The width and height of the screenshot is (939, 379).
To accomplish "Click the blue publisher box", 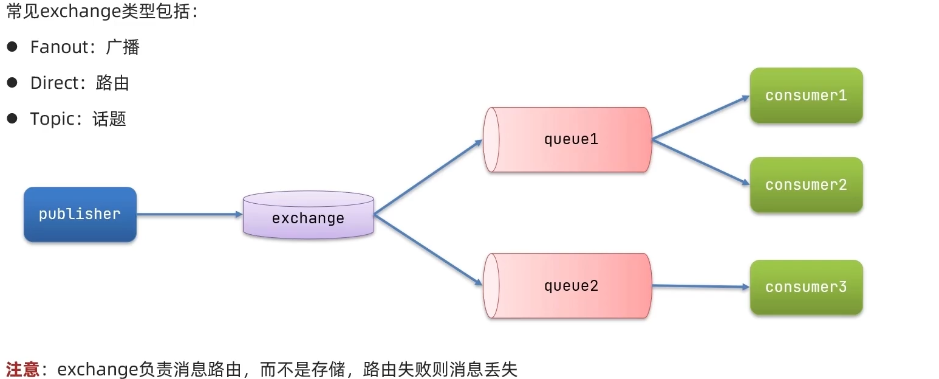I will pyautogui.click(x=80, y=214).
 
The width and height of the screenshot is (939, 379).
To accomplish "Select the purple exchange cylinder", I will pyautogui.click(x=308, y=215).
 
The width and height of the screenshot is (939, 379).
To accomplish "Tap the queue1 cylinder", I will pyautogui.click(x=568, y=139).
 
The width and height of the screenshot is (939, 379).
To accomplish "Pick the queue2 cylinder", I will pyautogui.click(x=568, y=285).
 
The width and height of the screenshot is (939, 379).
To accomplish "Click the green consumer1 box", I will pyautogui.click(x=806, y=96).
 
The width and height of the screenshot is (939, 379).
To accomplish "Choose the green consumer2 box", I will pyautogui.click(x=806, y=185).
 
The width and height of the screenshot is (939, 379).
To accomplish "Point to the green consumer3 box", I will pyautogui.click(x=806, y=287).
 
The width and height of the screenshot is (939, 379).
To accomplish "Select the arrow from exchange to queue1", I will pyautogui.click(x=428, y=177).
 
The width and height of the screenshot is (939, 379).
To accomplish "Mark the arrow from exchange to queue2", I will pyautogui.click(x=428, y=250).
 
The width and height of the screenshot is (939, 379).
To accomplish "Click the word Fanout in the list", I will pyautogui.click(x=60, y=47).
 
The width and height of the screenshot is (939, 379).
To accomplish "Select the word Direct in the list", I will pyautogui.click(x=54, y=83).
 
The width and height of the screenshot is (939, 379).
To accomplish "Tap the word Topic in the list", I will pyautogui.click(x=52, y=119).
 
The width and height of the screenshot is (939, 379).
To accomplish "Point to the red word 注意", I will pyautogui.click(x=22, y=369).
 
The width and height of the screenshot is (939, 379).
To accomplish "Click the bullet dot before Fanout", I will pyautogui.click(x=12, y=46).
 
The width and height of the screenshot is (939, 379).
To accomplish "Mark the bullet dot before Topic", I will pyautogui.click(x=12, y=118).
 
